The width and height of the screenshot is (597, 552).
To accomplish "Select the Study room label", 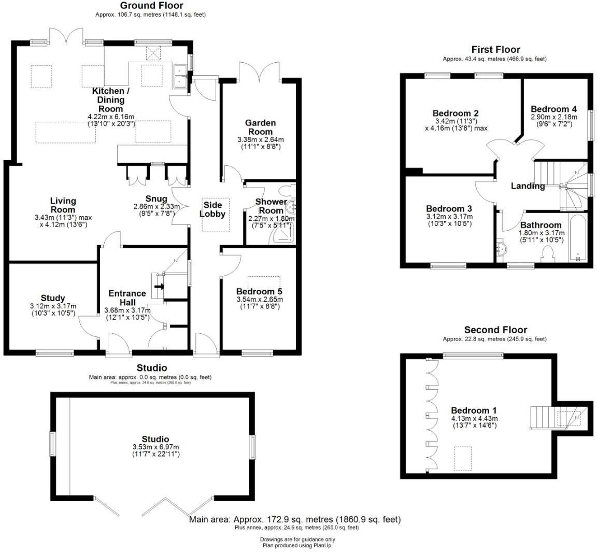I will click(x=53, y=298).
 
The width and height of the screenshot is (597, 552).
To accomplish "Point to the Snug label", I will click(x=156, y=199).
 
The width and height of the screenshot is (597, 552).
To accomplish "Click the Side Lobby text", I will click(x=212, y=209).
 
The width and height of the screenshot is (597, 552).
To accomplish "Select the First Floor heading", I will click(x=495, y=50).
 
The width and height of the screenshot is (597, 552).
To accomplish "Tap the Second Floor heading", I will click(x=495, y=330).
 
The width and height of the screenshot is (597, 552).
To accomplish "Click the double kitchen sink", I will click(x=180, y=76).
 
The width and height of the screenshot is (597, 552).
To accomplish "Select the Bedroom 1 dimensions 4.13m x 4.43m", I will click(x=474, y=419).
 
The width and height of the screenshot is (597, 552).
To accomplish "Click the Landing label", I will click(x=528, y=186).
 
